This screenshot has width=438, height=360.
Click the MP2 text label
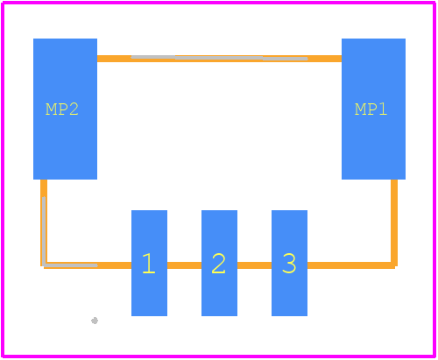62,109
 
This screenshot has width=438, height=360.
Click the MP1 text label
371,109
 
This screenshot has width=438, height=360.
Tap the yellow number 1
149,264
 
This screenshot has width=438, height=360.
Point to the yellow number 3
289,264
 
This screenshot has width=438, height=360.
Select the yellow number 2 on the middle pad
219,264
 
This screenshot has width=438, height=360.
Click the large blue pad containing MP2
65,109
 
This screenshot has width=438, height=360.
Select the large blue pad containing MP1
373,109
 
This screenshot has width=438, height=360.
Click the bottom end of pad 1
149,315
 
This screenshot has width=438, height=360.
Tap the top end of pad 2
219,210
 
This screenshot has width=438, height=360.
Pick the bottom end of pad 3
289,315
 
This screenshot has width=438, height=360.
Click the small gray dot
95,321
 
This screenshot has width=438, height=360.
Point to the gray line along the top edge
219,58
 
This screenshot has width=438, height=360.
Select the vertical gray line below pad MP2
44,231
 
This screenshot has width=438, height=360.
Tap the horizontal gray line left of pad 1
70,265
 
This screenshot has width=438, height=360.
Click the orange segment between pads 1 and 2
184,265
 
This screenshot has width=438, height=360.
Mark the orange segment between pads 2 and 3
254,265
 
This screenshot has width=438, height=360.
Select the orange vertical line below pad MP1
394,222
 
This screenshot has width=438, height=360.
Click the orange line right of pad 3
351,265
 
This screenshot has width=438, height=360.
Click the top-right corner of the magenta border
434,3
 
